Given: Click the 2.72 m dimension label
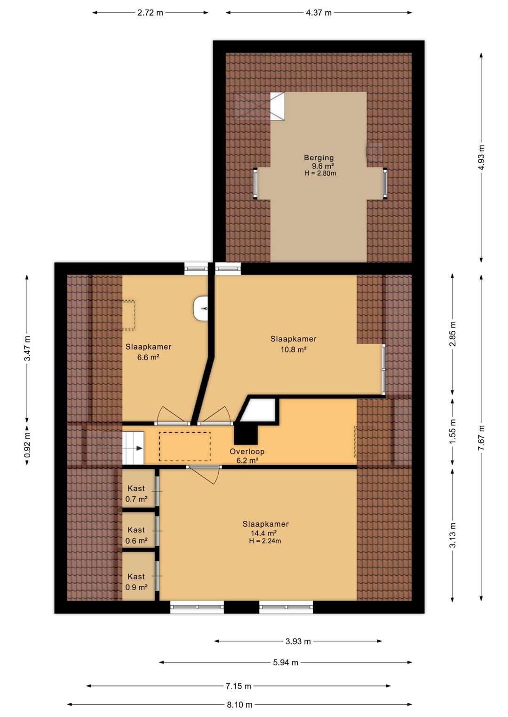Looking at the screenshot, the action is pyautogui.click(x=150, y=13).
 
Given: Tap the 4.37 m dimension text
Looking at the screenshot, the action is pyautogui.click(x=318, y=13).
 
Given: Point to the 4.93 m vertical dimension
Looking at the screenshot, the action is pyautogui.click(x=481, y=158).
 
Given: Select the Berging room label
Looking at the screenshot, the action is pyautogui.click(x=318, y=157).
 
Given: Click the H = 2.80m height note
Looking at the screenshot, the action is pyautogui.click(x=320, y=173).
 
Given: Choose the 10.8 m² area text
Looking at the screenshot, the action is pyautogui.click(x=293, y=349).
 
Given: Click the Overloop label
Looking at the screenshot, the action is pyautogui.click(x=247, y=452).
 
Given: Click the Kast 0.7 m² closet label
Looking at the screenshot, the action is pyautogui.click(x=136, y=493).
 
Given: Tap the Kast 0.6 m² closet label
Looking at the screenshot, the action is pyautogui.click(x=136, y=535).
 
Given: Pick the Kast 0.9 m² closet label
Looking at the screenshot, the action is pyautogui.click(x=136, y=582).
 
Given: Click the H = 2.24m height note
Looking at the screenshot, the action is pyautogui.click(x=265, y=541).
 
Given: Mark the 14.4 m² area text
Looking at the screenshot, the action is pyautogui.click(x=263, y=533).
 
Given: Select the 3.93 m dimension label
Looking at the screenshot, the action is pyautogui.click(x=298, y=641).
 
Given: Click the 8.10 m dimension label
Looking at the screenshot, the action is pyautogui.click(x=239, y=704).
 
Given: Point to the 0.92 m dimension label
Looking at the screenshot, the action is pyautogui.click(x=28, y=445).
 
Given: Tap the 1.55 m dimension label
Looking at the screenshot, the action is pyautogui.click(x=452, y=431).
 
